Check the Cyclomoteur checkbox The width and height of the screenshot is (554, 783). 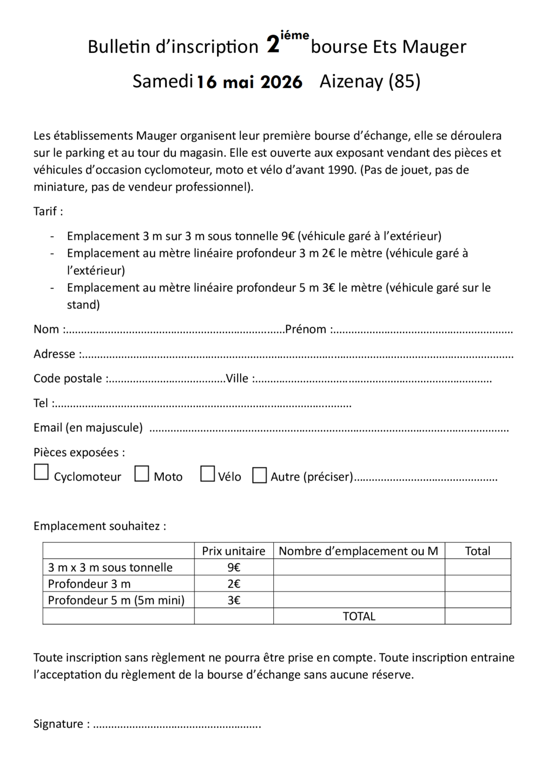[42, 472]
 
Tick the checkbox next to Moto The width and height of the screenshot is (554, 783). [142, 474]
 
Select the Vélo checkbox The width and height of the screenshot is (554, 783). [208, 474]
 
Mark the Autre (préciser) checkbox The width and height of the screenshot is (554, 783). [260, 475]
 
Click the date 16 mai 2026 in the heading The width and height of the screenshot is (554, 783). [249, 82]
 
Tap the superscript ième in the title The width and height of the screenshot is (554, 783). [295, 36]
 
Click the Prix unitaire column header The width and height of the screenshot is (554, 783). [234, 551]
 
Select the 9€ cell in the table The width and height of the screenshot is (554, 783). [234, 567]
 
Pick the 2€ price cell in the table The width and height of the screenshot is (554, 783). [234, 583]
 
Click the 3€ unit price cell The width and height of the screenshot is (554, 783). [234, 600]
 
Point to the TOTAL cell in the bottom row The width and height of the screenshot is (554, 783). [359, 616]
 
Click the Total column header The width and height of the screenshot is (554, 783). [478, 551]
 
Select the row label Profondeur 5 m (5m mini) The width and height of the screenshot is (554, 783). [116, 600]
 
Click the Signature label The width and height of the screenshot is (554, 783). [58, 724]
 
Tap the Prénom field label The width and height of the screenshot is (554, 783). [306, 329]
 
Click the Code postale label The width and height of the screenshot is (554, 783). [68, 379]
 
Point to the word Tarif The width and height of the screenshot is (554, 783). [45, 211]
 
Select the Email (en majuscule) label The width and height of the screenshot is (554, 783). [88, 428]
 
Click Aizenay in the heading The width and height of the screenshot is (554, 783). [351, 81]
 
